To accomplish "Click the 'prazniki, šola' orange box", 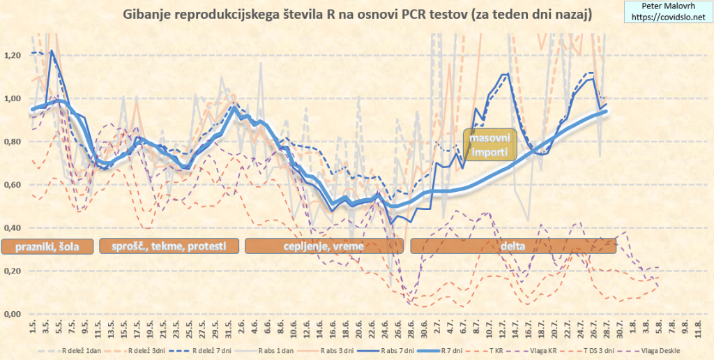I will (x=47, y=246).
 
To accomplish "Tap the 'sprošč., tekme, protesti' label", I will (x=169, y=246).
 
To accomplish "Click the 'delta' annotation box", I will (x=513, y=246).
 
